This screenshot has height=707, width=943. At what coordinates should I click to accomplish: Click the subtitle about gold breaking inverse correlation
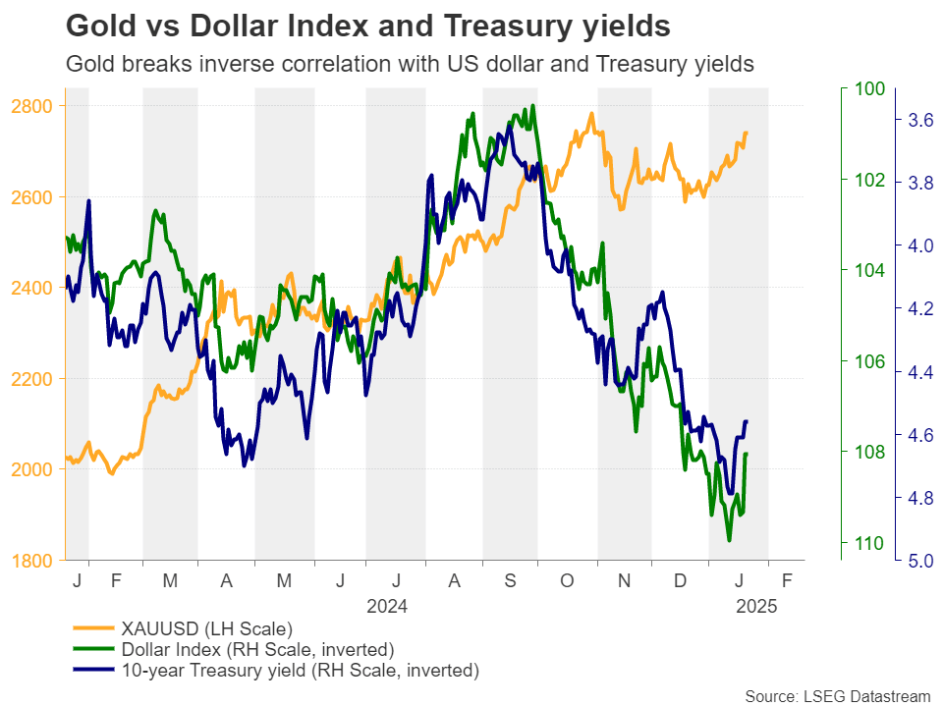pyautogui.click(x=409, y=64)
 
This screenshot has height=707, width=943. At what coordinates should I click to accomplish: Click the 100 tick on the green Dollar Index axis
pyautogui.click(x=870, y=89)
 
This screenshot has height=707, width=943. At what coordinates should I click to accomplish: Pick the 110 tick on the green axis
pyautogui.click(x=870, y=543)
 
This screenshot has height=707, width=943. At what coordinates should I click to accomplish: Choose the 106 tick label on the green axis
pyautogui.click(x=870, y=361)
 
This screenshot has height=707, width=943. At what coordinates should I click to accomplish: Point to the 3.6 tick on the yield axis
pyautogui.click(x=920, y=121)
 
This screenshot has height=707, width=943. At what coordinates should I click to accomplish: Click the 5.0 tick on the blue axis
pyautogui.click(x=920, y=561)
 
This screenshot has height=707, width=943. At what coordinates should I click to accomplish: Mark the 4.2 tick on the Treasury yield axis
pyautogui.click(x=920, y=309)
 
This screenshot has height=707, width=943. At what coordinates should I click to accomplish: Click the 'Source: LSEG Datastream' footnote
pyautogui.click(x=837, y=696)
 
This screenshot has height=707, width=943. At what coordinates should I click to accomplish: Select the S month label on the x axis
pyautogui.click(x=510, y=581)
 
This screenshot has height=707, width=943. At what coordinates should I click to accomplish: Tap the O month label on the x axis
pyautogui.click(x=567, y=581)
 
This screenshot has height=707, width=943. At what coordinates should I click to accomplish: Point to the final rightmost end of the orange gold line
pyautogui.click(x=747, y=133)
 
